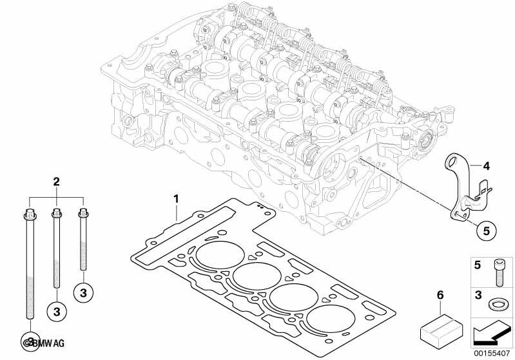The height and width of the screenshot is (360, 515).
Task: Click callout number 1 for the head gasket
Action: (x=175, y=198)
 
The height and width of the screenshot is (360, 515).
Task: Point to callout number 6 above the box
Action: (x=440, y=294)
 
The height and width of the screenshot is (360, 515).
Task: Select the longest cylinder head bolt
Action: (x=29, y=264)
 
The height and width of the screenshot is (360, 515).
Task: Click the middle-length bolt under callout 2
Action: (x=57, y=251)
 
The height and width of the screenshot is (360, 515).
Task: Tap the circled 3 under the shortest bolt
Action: (x=83, y=293)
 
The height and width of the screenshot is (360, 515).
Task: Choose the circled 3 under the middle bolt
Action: (x=57, y=312)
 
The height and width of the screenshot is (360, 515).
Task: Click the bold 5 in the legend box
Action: (x=478, y=264)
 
